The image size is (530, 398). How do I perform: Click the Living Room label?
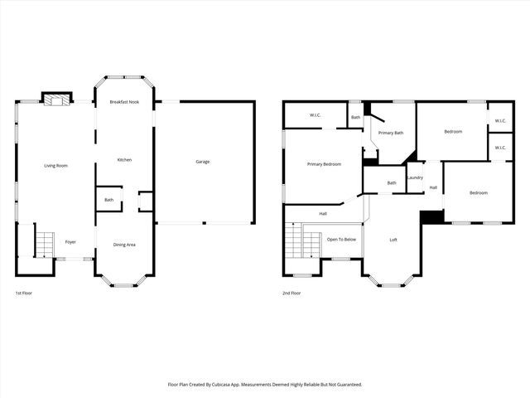[x=55, y=166]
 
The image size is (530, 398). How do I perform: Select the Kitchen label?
[x=124, y=159]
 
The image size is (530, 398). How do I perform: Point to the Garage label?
[x=202, y=162]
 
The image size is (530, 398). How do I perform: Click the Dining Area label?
[x=124, y=245]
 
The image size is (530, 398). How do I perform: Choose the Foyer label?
[x=70, y=242]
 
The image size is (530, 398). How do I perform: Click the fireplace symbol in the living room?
[x=57, y=99]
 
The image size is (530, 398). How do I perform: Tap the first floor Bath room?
[x=108, y=200]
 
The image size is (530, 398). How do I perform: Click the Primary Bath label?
[x=390, y=133]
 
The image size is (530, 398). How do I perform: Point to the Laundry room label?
[x=415, y=177]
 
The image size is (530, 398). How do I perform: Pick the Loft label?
[x=394, y=240]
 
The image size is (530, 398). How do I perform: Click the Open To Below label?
[x=341, y=239]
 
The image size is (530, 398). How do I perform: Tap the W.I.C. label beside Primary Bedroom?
[x=316, y=115]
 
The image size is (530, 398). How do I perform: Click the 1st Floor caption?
[x=24, y=294]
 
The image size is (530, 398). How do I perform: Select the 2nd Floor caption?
[x=291, y=294]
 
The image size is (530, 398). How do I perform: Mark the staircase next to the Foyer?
[x=43, y=244]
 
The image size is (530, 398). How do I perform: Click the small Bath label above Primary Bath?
[x=355, y=117]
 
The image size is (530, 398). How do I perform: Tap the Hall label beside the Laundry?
[x=432, y=187]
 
